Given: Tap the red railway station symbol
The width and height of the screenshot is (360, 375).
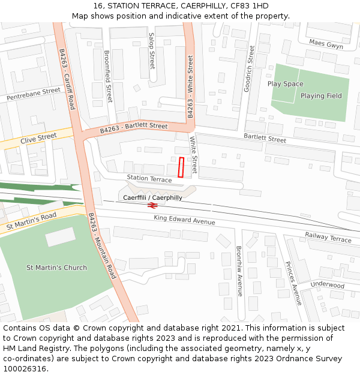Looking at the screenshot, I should [152, 205].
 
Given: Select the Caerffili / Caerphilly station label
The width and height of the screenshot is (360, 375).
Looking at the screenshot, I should [152, 197].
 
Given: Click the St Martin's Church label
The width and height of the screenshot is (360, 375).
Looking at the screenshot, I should [56, 268].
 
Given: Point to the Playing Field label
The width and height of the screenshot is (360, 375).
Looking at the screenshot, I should [321, 96].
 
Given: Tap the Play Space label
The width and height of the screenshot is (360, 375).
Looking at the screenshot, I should [285, 84].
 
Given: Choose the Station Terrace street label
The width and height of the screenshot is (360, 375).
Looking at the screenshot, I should [149, 179].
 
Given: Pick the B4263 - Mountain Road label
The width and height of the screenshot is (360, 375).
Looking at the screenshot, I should [101, 245].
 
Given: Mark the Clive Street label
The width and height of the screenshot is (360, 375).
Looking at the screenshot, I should [38, 139].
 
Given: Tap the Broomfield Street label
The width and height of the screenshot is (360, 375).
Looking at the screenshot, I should [108, 76].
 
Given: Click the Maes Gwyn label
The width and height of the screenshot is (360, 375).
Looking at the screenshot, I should [326, 44].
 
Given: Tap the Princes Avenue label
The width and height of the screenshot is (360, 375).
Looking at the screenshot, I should [293, 283].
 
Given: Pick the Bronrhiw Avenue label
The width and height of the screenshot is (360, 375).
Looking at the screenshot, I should [239, 271].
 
